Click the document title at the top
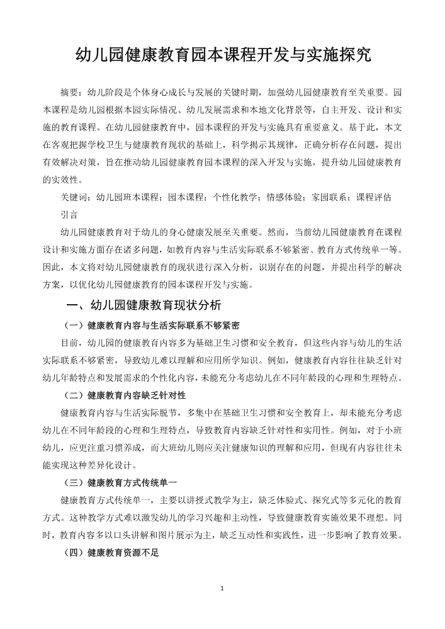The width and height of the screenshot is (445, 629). click(x=223, y=55)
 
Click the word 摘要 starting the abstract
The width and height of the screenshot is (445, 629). click(x=69, y=91)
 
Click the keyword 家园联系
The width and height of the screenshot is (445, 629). click(x=329, y=196)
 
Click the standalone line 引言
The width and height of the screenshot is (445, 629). click(x=69, y=214)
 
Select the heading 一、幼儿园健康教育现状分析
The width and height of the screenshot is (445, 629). click(x=144, y=305)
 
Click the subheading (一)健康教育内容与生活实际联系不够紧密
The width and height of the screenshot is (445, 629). click(x=152, y=326)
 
